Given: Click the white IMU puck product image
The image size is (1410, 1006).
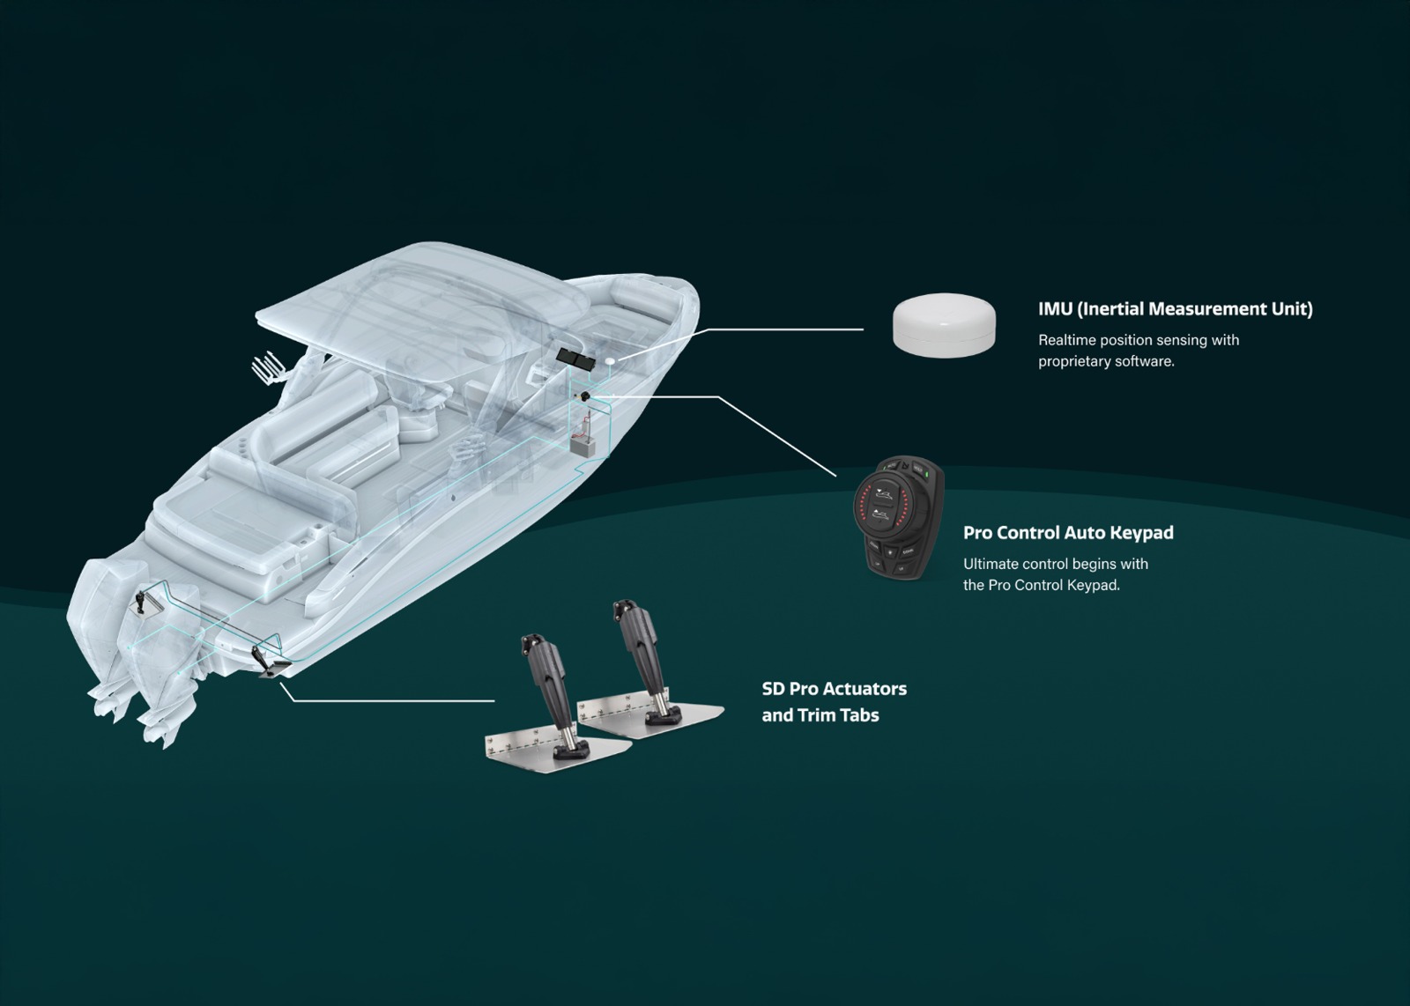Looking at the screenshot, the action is pos(944,325).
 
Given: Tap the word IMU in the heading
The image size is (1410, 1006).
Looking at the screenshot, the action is pos(1055,309).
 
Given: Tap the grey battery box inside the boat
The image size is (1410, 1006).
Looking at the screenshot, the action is pos(583,446).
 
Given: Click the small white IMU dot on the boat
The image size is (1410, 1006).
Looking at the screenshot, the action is pos(610,361).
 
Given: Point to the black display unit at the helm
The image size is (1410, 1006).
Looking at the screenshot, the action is pos(575,358).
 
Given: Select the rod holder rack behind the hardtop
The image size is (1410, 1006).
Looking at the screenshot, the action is pos(268,370).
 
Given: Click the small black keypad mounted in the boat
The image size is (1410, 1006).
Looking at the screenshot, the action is pos(585,396).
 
